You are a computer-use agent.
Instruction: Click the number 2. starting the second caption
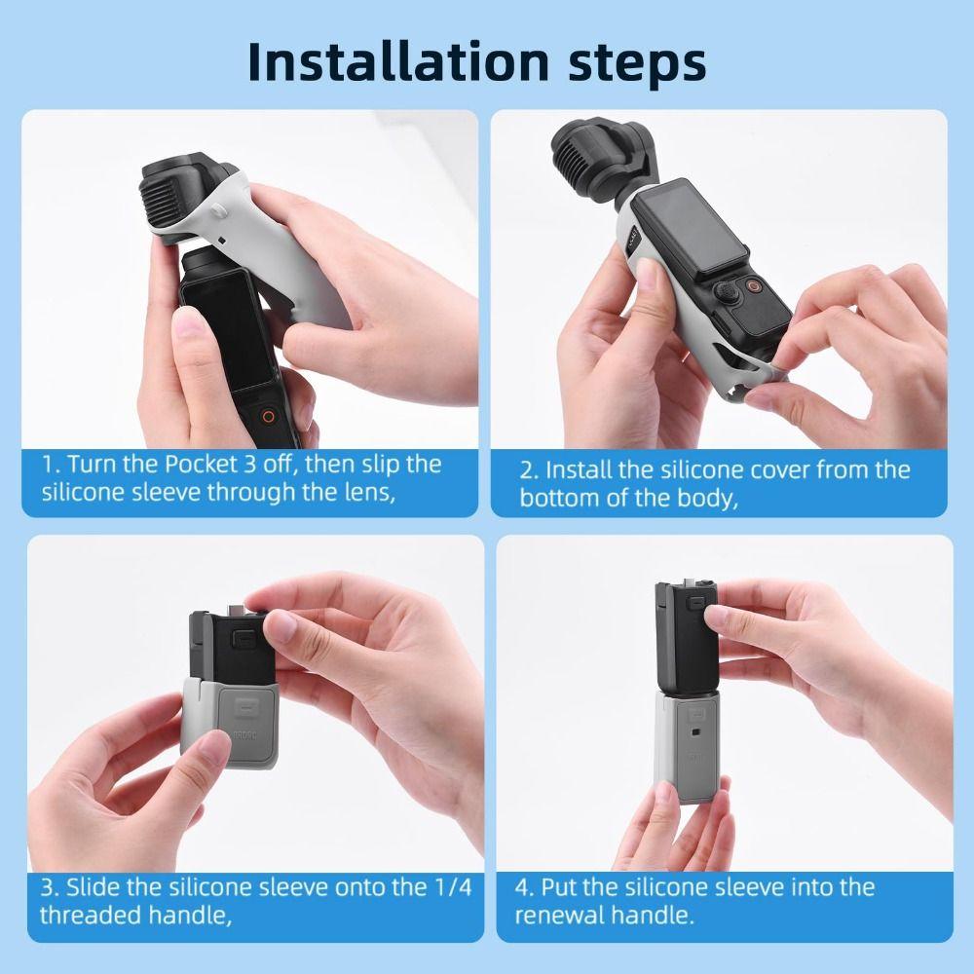coord(529,470)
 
